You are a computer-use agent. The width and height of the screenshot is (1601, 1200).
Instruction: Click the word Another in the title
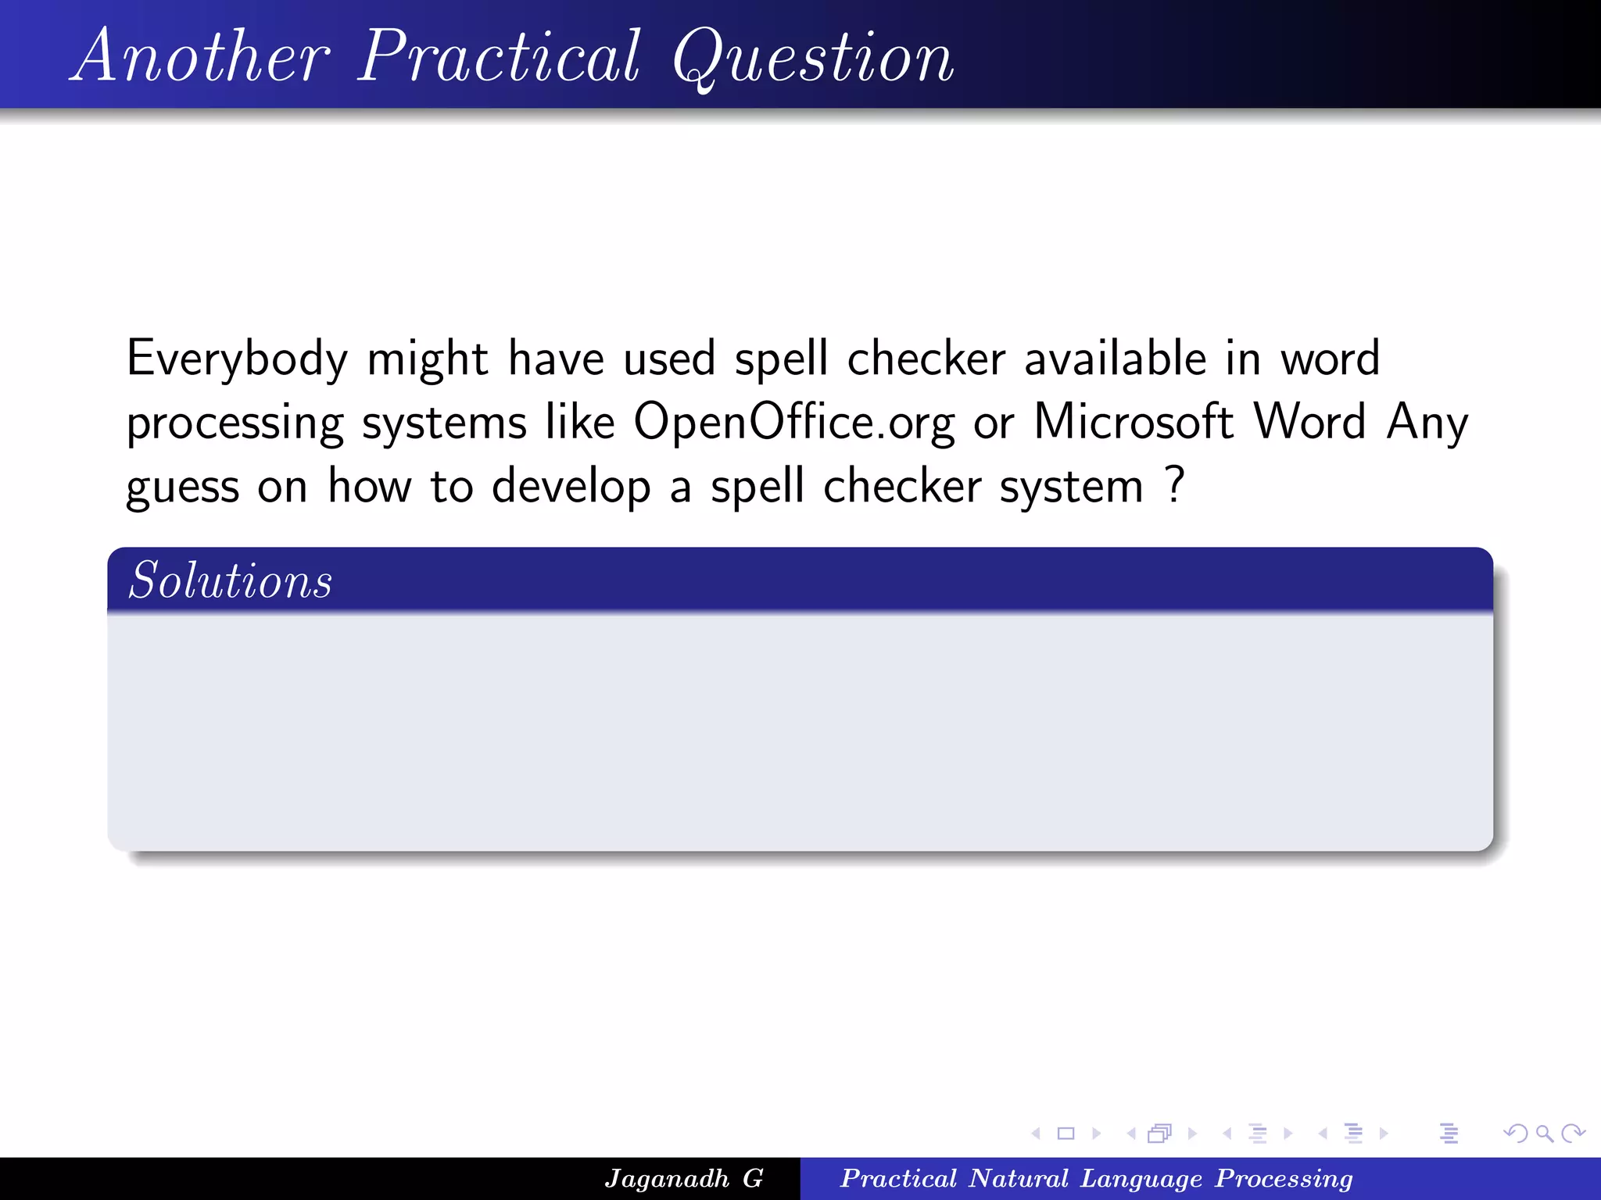click(202, 56)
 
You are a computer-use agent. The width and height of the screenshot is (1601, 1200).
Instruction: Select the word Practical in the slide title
click(500, 56)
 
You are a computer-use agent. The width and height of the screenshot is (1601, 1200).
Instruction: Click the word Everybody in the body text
click(237, 359)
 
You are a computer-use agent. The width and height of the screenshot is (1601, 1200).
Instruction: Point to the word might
click(428, 359)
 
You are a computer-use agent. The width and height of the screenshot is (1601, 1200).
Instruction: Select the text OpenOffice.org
click(793, 423)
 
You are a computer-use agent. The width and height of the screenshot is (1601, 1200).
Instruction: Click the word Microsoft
click(1134, 422)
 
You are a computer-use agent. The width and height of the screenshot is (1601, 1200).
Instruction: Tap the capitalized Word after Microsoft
click(1310, 422)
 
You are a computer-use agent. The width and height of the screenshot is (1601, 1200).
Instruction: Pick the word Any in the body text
click(1427, 423)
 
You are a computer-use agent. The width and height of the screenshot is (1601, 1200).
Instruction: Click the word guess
click(182, 487)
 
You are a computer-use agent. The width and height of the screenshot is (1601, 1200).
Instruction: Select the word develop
click(571, 487)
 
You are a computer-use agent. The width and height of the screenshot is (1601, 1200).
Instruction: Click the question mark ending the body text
click(1174, 484)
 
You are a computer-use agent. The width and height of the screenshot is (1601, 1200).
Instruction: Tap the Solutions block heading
click(231, 580)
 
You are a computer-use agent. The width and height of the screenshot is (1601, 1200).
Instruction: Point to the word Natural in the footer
click(1019, 1178)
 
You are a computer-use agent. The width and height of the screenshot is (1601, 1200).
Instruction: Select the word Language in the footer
click(1141, 1179)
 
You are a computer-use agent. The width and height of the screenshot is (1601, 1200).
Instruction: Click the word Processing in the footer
click(1284, 1179)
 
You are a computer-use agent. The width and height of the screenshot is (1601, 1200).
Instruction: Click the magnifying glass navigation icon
click(1543, 1133)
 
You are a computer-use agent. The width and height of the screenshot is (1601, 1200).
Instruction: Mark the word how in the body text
click(369, 486)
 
